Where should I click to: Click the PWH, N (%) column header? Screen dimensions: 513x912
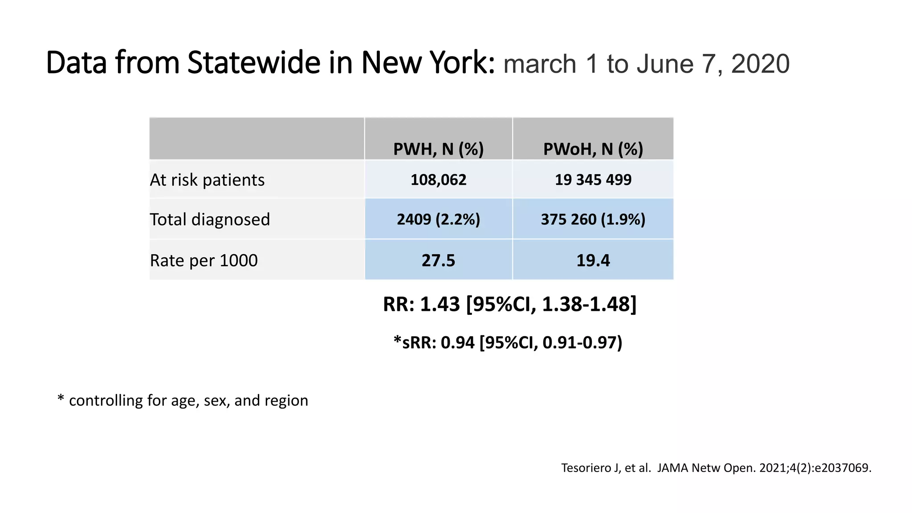click(x=438, y=149)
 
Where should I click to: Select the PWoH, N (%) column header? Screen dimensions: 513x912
click(x=593, y=149)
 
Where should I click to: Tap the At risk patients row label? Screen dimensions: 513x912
click(x=207, y=180)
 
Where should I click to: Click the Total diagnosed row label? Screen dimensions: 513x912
click(x=210, y=220)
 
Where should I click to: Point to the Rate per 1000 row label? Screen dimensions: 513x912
click(x=204, y=261)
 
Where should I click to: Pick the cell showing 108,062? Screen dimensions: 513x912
click(x=438, y=180)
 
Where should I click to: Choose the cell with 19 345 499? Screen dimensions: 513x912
click(x=593, y=180)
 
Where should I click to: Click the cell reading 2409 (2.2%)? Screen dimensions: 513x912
click(x=438, y=220)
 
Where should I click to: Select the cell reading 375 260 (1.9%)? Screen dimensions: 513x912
click(x=593, y=220)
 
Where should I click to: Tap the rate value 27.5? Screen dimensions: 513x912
click(x=438, y=261)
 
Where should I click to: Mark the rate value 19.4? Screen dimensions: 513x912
click(x=593, y=261)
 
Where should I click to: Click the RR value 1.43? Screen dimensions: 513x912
click(x=440, y=304)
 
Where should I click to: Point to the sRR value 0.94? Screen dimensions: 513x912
click(x=457, y=342)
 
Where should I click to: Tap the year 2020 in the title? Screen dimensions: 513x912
click(x=760, y=64)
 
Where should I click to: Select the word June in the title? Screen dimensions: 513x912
click(x=665, y=64)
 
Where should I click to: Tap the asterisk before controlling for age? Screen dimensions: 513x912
click(x=61, y=398)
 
